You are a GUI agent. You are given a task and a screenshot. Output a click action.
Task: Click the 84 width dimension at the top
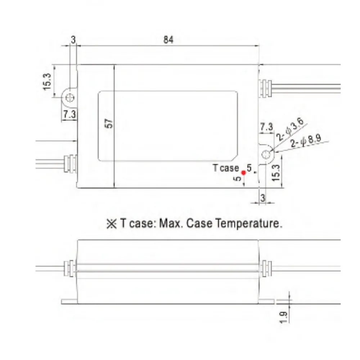168,40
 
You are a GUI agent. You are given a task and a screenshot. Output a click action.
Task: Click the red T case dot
243,173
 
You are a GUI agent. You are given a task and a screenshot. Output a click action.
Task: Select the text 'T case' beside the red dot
226,168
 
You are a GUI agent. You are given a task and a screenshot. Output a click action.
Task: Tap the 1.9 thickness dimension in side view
284,316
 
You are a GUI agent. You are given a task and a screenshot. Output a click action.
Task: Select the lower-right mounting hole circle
267,154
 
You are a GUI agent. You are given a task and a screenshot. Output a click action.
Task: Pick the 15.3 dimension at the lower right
276,172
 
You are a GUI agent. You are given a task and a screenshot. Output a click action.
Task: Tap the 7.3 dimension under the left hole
69,114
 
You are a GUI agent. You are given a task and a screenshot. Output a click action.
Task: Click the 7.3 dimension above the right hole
266,127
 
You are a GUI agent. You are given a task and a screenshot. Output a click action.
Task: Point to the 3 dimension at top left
73,40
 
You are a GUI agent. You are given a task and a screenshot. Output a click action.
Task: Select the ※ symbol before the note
111,224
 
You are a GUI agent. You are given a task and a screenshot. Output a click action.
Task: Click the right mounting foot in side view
266,301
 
